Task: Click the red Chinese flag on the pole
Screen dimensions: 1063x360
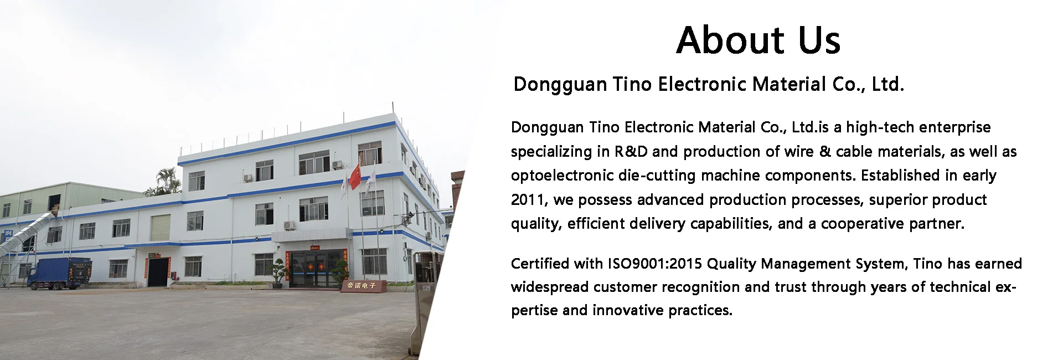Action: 355,177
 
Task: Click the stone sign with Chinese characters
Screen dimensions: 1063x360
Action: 361,286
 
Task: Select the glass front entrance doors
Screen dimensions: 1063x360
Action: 316,269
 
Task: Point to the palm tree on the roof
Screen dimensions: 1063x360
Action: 164,181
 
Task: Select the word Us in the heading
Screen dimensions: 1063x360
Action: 819,40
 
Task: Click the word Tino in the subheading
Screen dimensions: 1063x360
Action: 632,84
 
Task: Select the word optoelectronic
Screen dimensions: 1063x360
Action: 561,176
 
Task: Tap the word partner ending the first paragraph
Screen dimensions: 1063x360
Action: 937,224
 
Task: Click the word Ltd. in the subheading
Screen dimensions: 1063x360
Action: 888,84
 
